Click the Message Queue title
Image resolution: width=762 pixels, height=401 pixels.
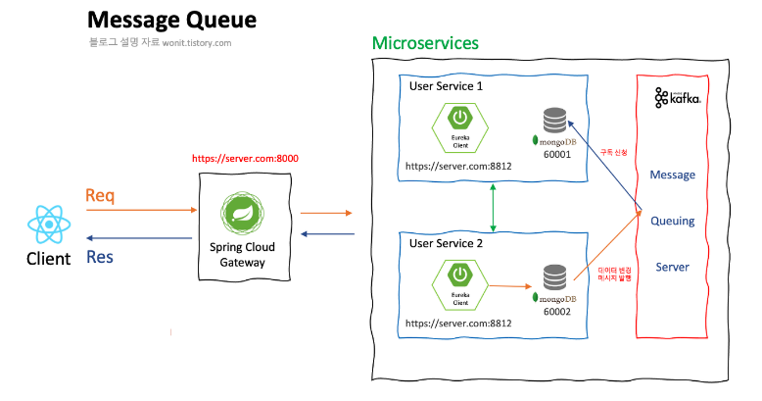click(171, 20)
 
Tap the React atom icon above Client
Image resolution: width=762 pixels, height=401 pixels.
click(47, 225)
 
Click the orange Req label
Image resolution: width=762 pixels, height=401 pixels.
click(100, 195)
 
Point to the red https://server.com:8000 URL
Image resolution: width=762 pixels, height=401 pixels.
click(245, 157)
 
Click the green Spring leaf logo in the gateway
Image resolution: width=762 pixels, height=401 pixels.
click(240, 213)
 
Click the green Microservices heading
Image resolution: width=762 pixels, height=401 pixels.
click(425, 44)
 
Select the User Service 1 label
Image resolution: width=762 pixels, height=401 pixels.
click(446, 85)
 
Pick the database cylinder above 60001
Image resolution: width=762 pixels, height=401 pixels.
click(554, 120)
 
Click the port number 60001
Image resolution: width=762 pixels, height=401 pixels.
click(555, 154)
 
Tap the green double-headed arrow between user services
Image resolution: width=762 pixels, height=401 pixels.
click(493, 207)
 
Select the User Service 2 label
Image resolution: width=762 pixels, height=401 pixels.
click(447, 242)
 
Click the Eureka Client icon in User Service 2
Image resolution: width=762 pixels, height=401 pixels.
click(458, 282)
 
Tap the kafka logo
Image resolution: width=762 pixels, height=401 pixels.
click(678, 97)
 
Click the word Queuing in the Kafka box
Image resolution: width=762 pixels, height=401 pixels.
click(672, 221)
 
